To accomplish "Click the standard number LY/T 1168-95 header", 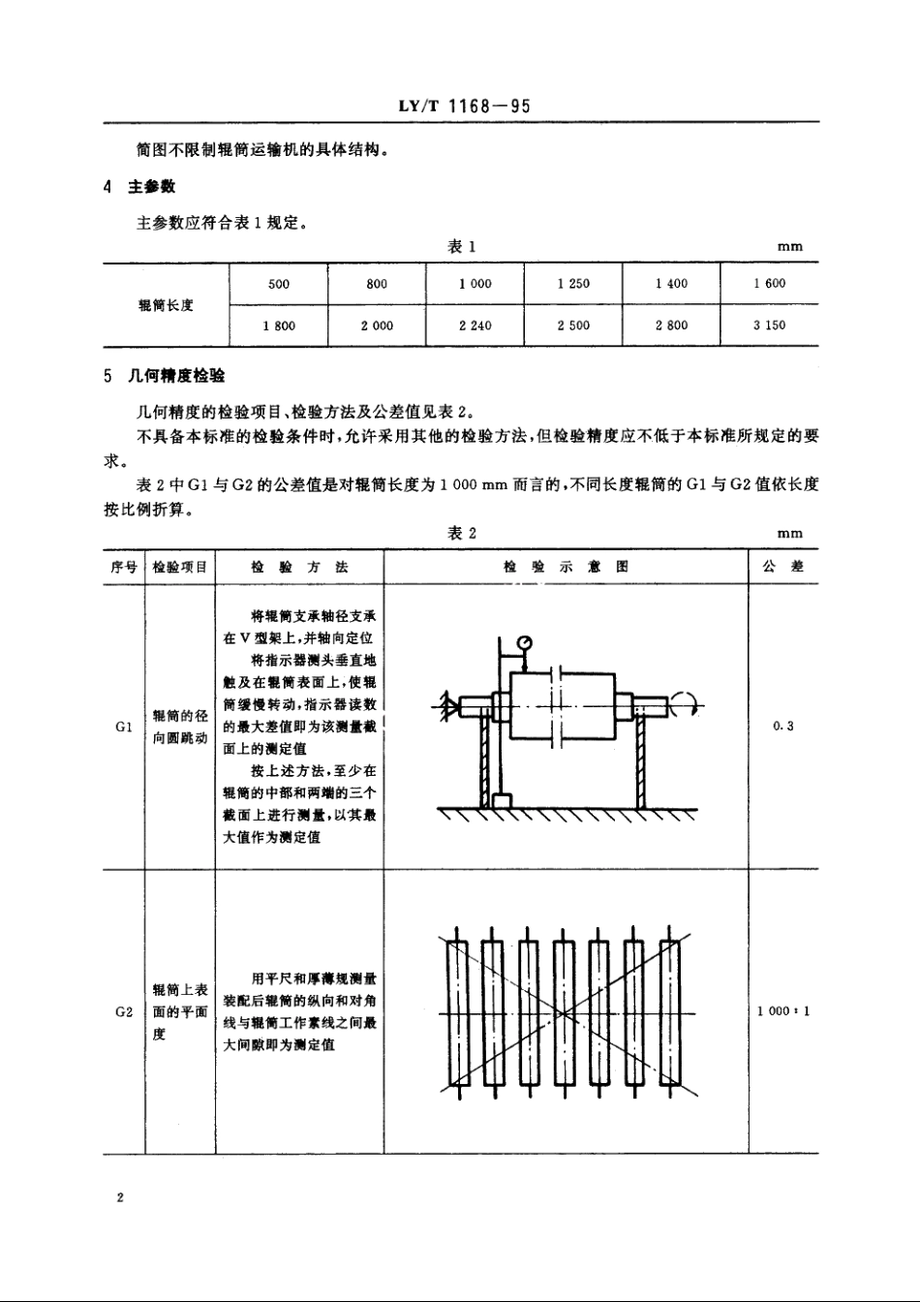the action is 464,107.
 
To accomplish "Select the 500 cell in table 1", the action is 279,284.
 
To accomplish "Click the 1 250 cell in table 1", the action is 573,284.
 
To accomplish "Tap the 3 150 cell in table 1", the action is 769,325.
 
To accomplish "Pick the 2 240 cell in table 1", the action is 475,325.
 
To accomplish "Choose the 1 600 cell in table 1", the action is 769,284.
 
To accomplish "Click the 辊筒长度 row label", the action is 167,305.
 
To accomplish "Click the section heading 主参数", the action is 150,187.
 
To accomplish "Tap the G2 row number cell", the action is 123,1011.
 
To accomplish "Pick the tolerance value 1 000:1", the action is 783,1011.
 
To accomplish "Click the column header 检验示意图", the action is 566,567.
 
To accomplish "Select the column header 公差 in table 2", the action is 783,567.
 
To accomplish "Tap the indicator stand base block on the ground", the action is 502,801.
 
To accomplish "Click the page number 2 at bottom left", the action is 120,1198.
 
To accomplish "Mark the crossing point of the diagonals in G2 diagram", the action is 563,1014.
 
